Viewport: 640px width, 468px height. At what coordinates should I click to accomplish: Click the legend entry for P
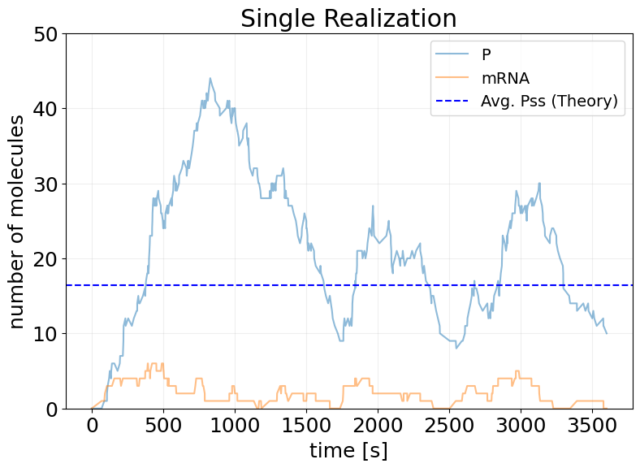pos(486,55)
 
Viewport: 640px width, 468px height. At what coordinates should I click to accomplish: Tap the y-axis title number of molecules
pos(17,221)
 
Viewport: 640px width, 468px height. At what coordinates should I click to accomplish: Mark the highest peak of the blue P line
pos(210,79)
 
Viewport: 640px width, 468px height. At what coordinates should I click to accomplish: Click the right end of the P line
pos(606,333)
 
